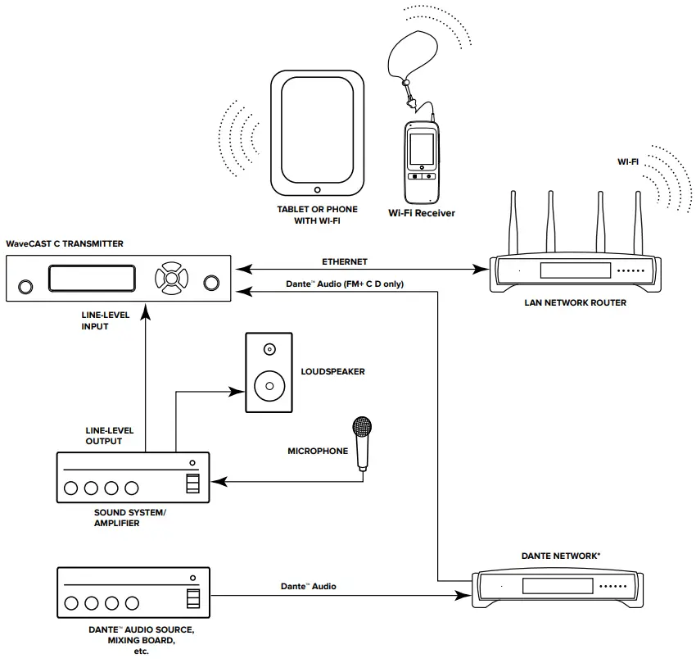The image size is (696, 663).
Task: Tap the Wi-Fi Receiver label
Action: coord(421,213)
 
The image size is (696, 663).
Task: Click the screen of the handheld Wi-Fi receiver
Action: coord(422,150)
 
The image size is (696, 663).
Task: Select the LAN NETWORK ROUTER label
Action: coord(575,302)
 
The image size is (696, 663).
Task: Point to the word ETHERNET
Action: coord(345,262)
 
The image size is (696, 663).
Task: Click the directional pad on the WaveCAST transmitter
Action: coord(170,277)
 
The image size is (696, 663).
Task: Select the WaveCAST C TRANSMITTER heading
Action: coord(65,243)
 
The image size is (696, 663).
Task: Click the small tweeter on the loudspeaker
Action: coord(269,350)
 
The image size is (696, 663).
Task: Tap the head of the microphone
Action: coord(361,427)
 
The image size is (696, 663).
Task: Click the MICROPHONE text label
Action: coord(318,451)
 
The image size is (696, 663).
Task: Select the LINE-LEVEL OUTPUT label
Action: coord(110,436)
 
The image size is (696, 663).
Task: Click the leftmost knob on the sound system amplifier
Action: coord(71,488)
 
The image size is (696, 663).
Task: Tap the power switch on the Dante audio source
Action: coord(192,599)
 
